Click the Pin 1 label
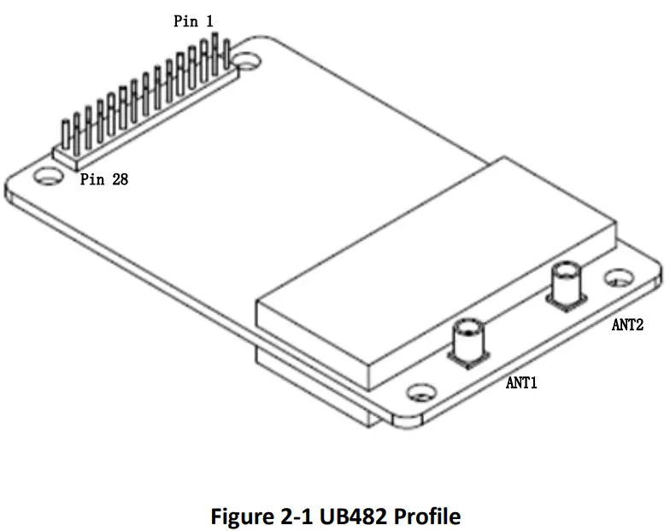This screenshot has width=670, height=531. [193, 20]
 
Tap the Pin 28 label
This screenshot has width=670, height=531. [104, 179]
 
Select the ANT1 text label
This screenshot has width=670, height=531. [521, 383]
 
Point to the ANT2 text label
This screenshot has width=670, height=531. [627, 324]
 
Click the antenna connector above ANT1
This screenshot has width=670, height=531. [467, 337]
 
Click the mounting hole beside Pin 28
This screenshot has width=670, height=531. [48, 176]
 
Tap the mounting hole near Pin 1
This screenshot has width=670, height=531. [250, 61]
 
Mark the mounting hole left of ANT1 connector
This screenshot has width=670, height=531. [419, 394]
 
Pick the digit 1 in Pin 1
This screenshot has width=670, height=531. [209, 20]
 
